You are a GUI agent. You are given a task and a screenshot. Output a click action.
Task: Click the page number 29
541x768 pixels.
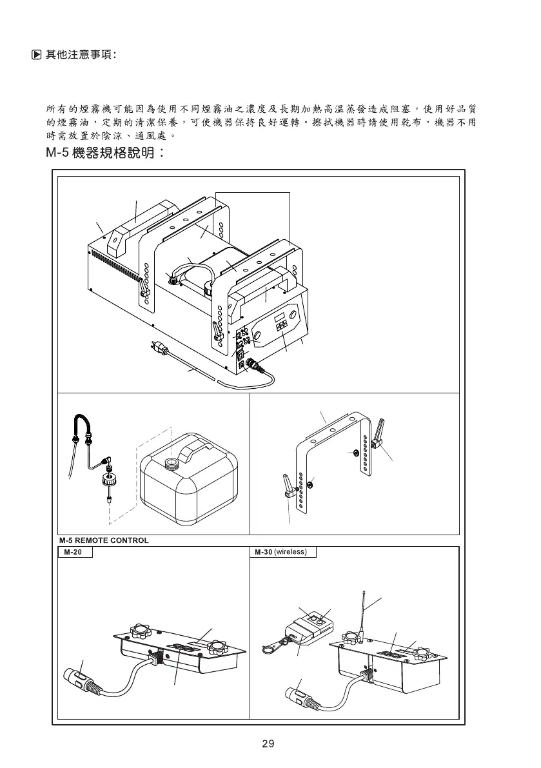click(x=269, y=744)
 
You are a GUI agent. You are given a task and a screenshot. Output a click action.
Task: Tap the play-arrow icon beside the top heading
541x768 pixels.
click(x=37, y=55)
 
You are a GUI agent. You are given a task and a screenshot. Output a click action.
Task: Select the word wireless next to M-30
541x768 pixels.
click(x=293, y=553)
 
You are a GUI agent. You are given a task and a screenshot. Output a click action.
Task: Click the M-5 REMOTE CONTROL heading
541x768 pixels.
click(x=103, y=540)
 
